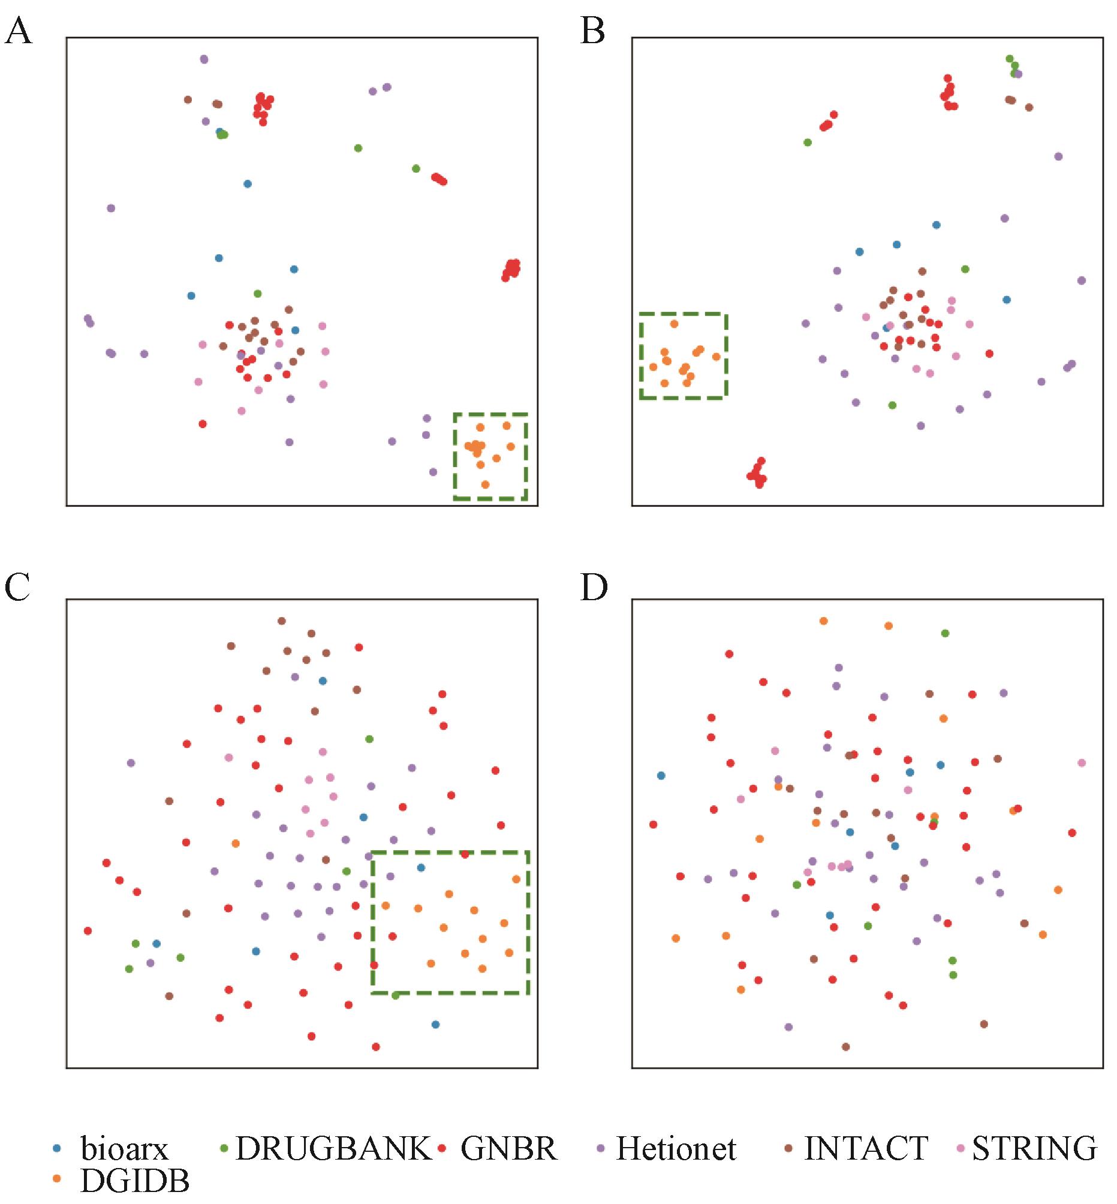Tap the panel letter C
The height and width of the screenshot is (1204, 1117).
(x=17, y=588)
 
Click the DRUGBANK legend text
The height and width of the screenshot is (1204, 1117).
(x=333, y=1148)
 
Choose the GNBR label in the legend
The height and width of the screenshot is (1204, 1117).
(x=508, y=1148)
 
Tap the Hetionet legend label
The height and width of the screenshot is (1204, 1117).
(x=676, y=1148)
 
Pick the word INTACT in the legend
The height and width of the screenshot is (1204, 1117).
(x=866, y=1148)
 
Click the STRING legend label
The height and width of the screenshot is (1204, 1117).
(x=1034, y=1148)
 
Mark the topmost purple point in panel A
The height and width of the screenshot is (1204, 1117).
(x=204, y=59)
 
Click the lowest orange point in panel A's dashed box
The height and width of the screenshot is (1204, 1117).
(x=486, y=484)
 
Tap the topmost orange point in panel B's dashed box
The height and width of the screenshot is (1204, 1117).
(x=675, y=324)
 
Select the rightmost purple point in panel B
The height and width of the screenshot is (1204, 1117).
(x=1082, y=281)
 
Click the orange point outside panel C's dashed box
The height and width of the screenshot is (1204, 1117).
(x=236, y=843)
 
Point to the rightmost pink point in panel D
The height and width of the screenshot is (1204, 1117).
(x=1082, y=763)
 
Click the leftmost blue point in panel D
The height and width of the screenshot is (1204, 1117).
(x=661, y=775)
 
